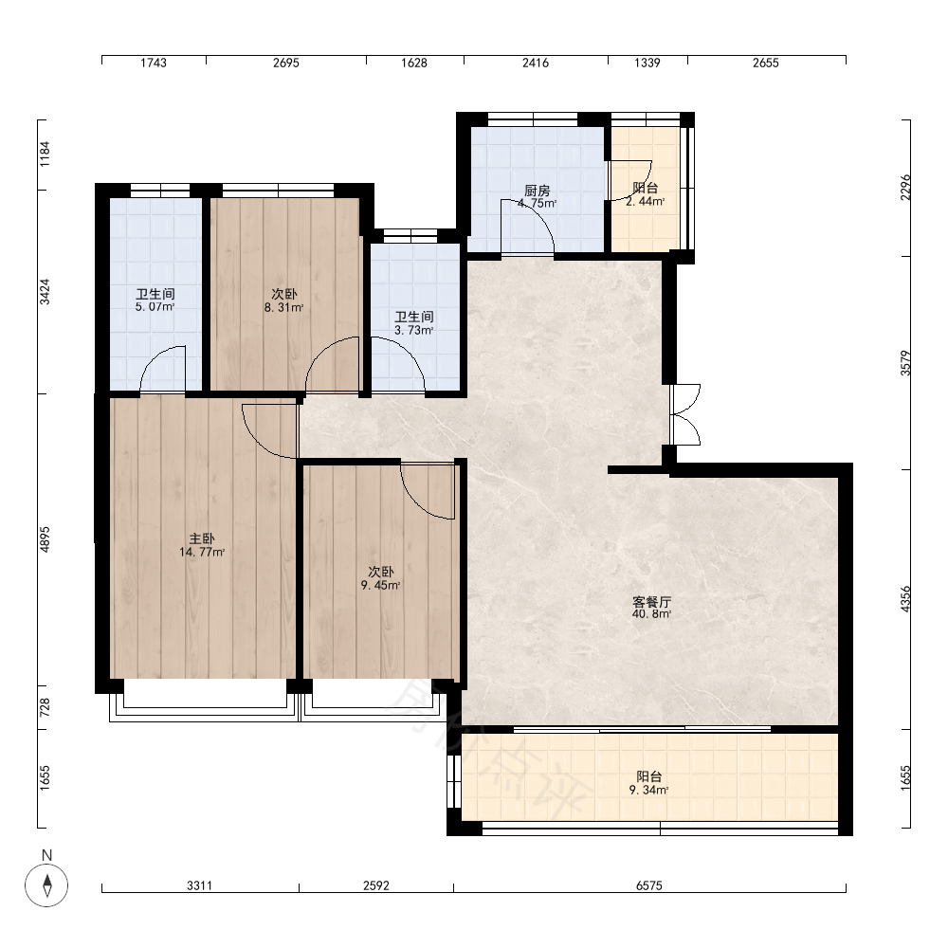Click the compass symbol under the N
(x=46, y=885)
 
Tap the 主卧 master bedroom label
(x=202, y=538)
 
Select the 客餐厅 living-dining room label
(x=652, y=602)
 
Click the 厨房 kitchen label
(x=537, y=191)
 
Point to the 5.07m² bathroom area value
(x=155, y=306)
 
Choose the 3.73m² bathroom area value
(x=414, y=330)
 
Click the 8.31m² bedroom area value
(x=283, y=308)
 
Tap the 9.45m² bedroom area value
(x=381, y=585)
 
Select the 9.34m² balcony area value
(x=648, y=791)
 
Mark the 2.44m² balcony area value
(x=645, y=202)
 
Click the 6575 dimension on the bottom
(x=649, y=885)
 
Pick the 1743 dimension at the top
(x=154, y=63)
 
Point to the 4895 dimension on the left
(x=45, y=539)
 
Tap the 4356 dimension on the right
(x=905, y=599)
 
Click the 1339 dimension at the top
(x=647, y=63)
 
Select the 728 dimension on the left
(x=45, y=708)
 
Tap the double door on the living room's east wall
(x=685, y=415)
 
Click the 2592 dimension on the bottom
(x=376, y=885)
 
